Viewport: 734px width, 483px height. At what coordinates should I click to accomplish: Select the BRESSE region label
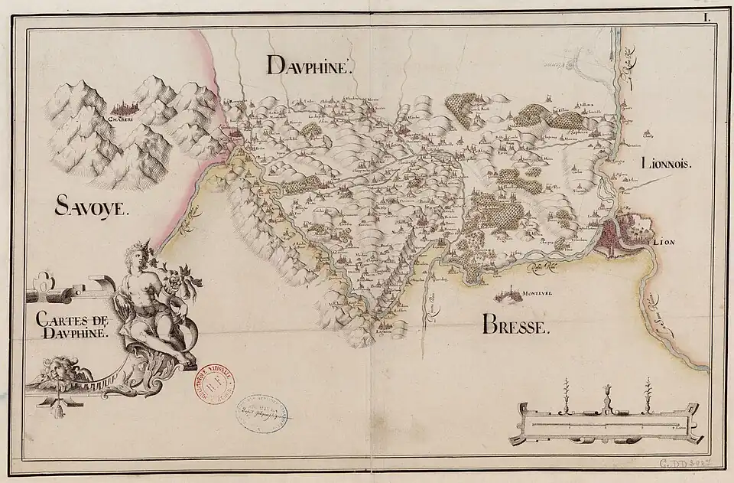coord(516,328)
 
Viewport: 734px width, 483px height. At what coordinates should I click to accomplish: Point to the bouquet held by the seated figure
coord(182,277)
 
